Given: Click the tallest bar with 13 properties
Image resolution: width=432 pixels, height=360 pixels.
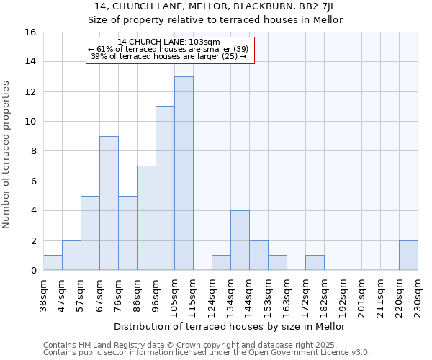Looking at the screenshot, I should [184, 174].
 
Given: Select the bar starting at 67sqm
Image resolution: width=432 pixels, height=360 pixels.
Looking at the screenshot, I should [109, 203].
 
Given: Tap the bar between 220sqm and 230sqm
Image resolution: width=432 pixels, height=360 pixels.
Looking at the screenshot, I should [408, 256].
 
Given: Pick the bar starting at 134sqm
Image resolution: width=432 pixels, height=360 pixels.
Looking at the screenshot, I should [240, 240].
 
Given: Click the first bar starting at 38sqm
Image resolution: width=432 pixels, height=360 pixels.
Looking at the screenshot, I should [53, 263].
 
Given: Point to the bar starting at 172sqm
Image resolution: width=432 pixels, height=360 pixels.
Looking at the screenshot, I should [315, 263].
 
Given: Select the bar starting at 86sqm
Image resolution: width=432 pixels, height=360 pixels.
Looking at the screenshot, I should [146, 218].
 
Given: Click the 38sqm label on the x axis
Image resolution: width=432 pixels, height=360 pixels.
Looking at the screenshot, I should [43, 294].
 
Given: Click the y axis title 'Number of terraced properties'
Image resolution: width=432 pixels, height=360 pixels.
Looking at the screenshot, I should [7, 155].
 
